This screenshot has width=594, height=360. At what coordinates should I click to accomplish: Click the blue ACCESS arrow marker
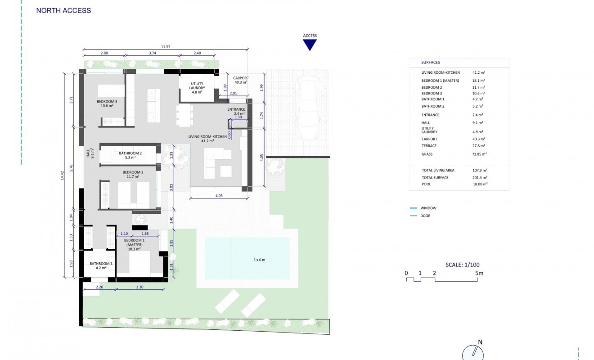click(310, 45)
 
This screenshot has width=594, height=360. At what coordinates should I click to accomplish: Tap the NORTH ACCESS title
click(63, 10)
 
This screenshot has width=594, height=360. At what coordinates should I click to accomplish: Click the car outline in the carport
click(309, 103)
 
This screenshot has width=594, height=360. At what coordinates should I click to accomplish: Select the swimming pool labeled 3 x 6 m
click(247, 258)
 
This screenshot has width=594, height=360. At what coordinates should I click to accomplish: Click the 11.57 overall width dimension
click(166, 47)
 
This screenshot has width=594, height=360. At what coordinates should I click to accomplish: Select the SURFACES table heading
click(431, 63)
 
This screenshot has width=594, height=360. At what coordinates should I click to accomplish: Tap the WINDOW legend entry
click(428, 208)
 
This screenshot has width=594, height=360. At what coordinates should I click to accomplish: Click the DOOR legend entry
click(425, 216)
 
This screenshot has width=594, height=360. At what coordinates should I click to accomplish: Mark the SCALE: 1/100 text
click(463, 265)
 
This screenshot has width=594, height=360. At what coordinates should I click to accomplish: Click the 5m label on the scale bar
click(479, 273)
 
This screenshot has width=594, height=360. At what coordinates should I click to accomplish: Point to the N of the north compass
click(480, 342)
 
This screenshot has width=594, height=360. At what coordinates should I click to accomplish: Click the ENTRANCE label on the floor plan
click(236, 109)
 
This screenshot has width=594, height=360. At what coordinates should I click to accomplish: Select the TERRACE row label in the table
click(429, 146)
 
